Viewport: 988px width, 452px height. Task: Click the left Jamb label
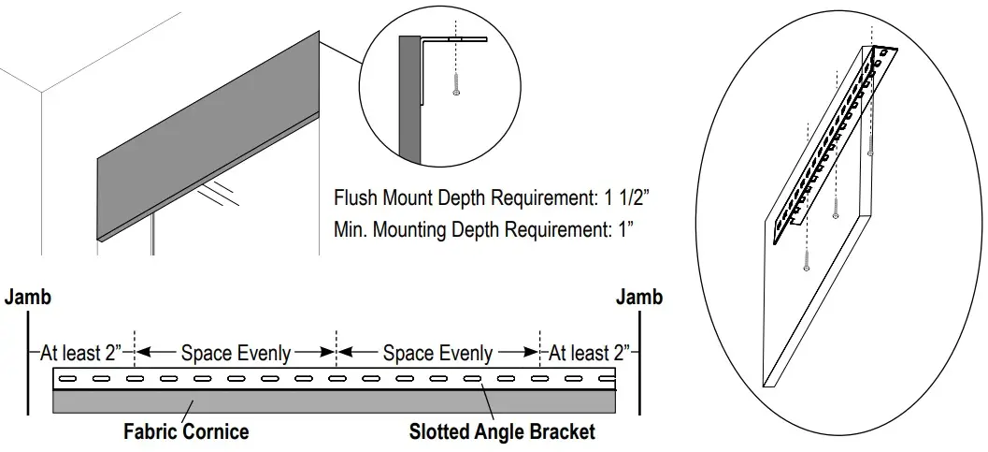tap(28, 298)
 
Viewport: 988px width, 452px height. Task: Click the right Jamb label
tap(639, 298)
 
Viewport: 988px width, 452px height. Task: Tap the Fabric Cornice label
tap(186, 431)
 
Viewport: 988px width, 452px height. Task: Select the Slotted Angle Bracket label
tap(502, 431)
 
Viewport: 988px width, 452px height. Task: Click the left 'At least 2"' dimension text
tap(81, 354)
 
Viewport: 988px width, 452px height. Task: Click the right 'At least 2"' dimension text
tap(589, 354)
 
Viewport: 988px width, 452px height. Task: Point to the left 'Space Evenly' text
tap(236, 354)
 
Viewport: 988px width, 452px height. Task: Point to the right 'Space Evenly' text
tap(437, 354)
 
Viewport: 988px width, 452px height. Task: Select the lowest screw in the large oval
tap(806, 265)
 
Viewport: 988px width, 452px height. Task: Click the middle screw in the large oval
tap(836, 214)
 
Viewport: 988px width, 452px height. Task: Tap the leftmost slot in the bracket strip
tap(68, 379)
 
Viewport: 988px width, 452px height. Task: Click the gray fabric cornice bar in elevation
tap(334, 401)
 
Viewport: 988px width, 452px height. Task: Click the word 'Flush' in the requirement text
tap(355, 199)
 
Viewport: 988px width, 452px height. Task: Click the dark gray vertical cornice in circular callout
tap(410, 103)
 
